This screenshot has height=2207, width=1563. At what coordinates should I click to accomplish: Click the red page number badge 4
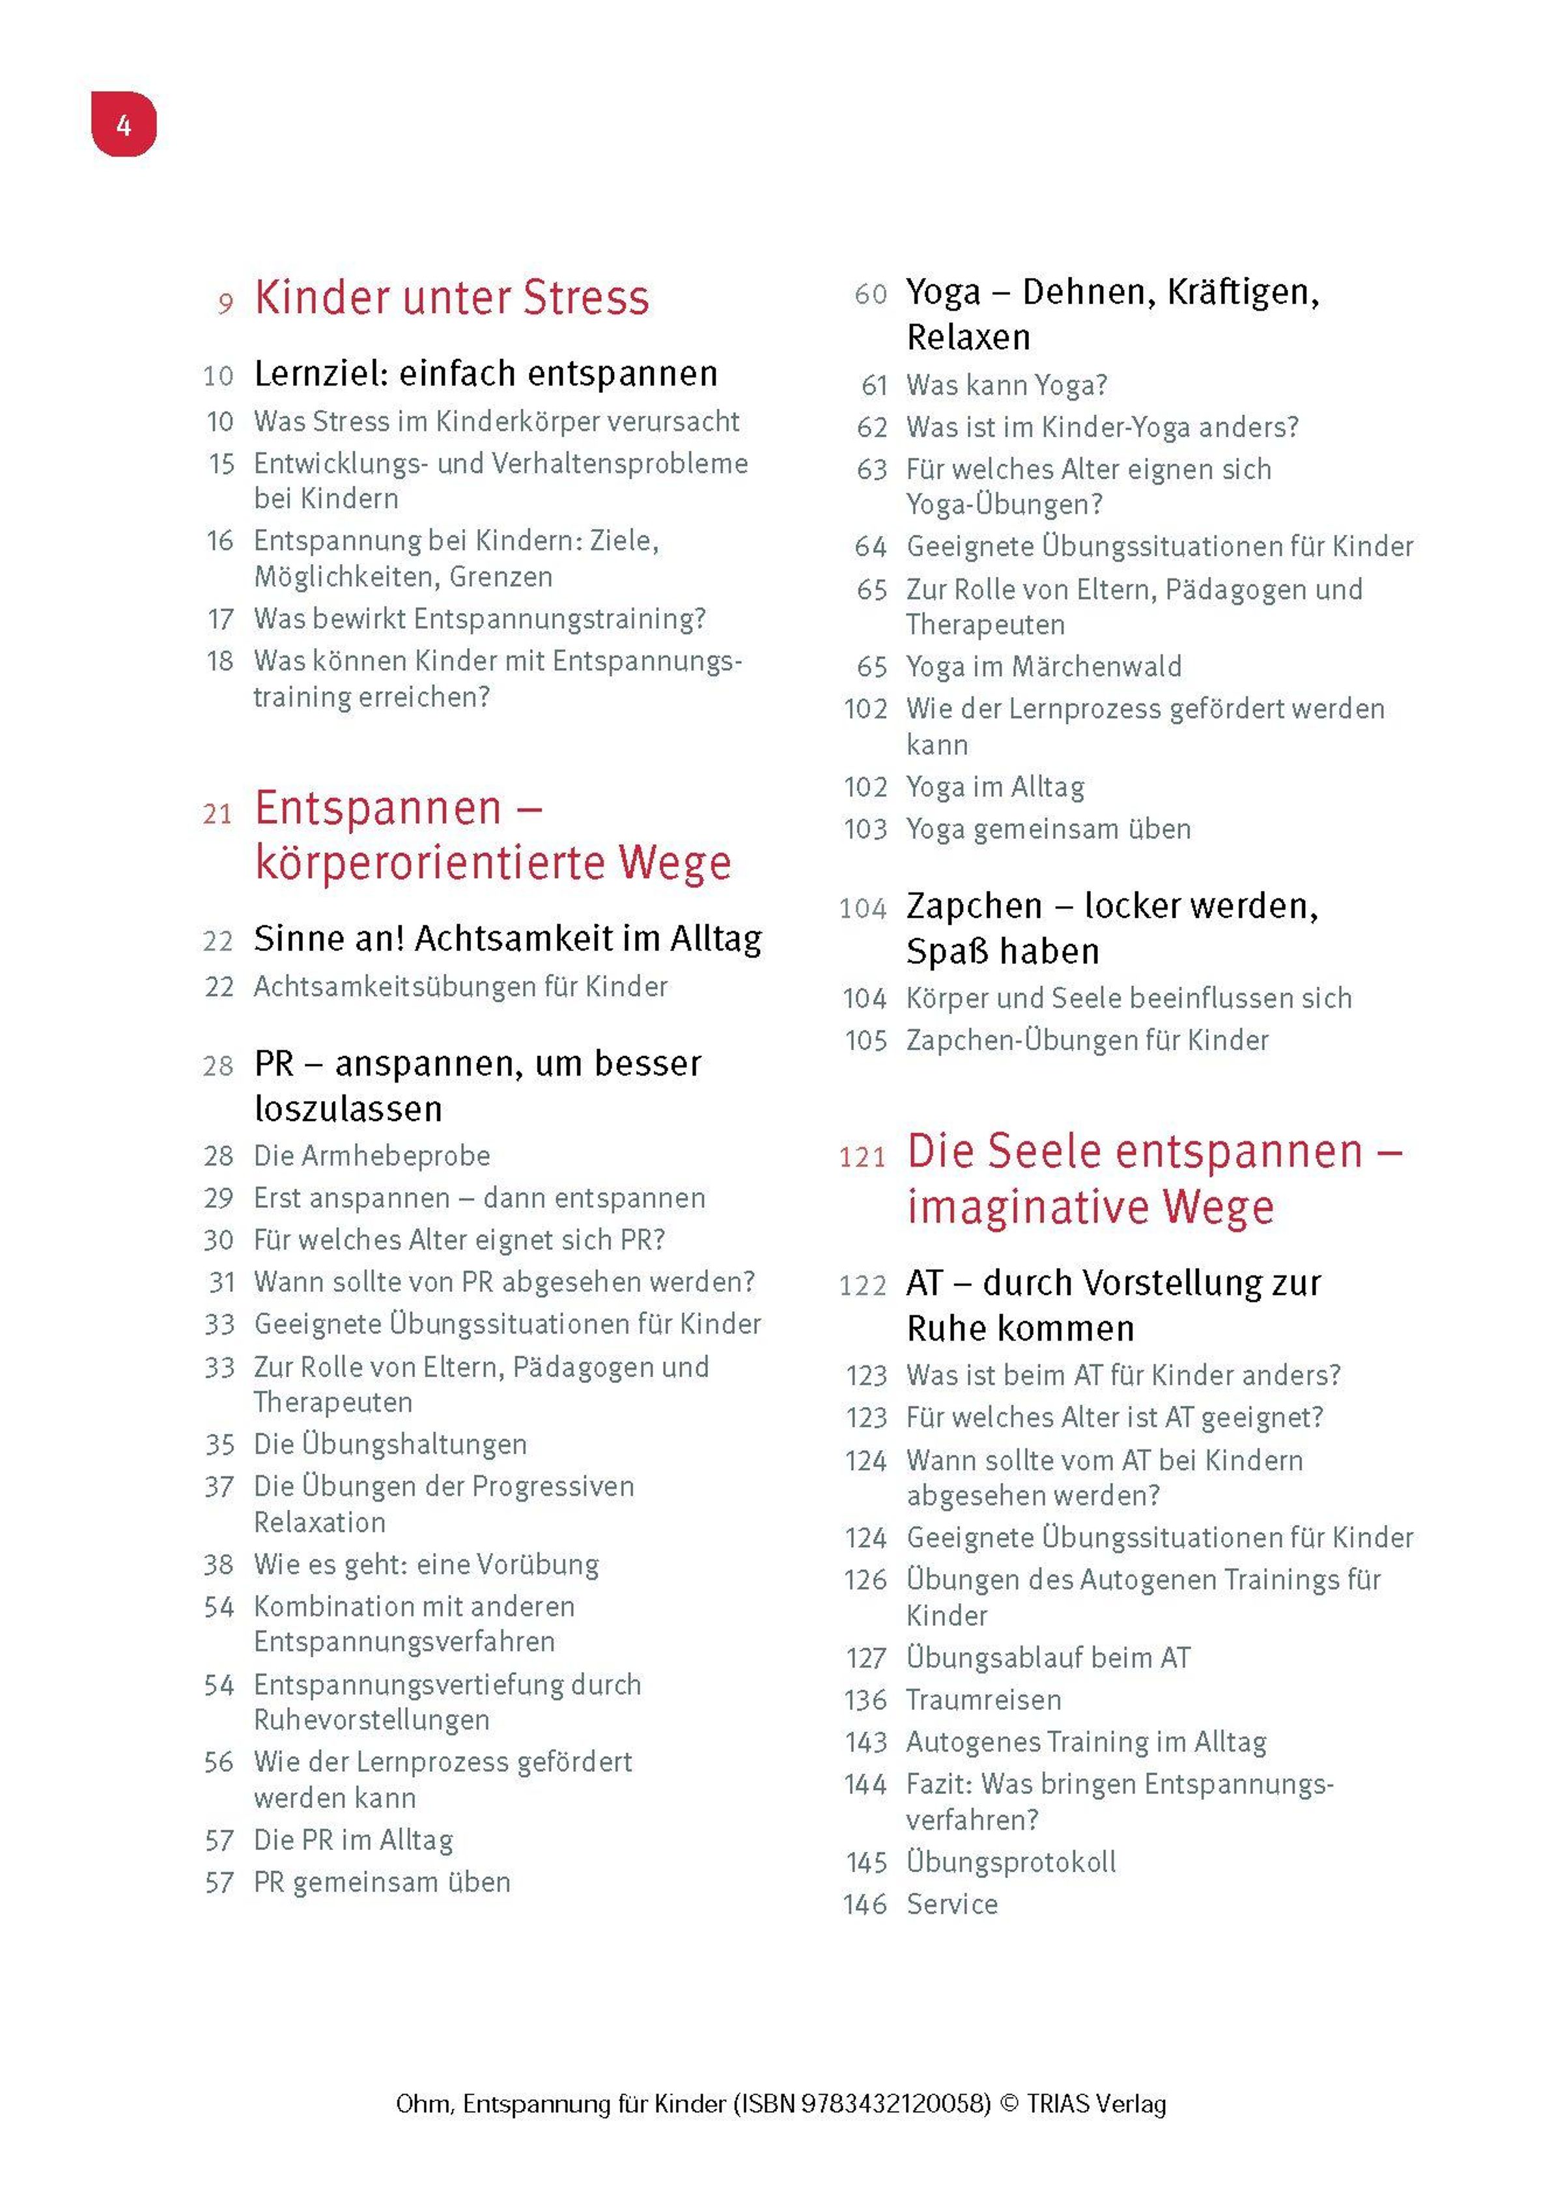pos(123,124)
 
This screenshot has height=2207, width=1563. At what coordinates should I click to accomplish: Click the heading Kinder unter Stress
pos(451,298)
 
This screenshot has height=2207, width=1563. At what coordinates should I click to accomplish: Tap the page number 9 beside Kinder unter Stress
pos(225,304)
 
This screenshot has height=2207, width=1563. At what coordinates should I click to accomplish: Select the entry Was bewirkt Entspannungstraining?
pos(479,619)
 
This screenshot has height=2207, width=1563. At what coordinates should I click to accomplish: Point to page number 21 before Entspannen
pos(218,814)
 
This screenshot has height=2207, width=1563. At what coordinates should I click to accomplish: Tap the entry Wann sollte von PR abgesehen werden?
pos(504,1281)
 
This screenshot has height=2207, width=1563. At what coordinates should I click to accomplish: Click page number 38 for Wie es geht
pos(218,1565)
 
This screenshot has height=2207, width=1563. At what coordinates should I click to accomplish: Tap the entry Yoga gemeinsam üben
pos(1048,829)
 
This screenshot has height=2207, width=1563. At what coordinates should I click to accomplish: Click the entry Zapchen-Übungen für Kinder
pos(1086,1040)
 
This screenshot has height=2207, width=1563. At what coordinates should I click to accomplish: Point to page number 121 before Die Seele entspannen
pos(862,1157)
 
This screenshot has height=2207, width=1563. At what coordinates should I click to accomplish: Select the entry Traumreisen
pos(983,1700)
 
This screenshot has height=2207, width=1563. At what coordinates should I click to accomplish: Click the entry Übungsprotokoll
pos(1011,1862)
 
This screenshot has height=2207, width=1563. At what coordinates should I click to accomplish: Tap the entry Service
pos(952,1904)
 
